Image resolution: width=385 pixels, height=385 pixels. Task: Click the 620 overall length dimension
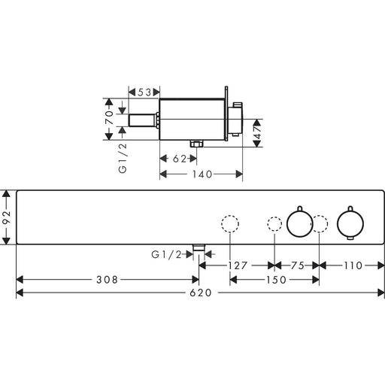[x=201, y=293]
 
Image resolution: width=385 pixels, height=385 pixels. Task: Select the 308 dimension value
[x=107, y=280]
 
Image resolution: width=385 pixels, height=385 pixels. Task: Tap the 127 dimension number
[x=238, y=265]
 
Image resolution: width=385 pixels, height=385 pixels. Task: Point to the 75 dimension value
[x=298, y=265]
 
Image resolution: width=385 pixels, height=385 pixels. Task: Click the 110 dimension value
[x=353, y=265]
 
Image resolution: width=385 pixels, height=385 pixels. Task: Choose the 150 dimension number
[x=276, y=280]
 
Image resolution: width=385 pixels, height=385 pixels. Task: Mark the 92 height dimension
[x=6, y=217]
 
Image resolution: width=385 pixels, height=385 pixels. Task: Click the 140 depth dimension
[x=202, y=174]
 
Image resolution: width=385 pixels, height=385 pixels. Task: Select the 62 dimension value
[x=180, y=159]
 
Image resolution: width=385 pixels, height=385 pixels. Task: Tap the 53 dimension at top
[x=144, y=92]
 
